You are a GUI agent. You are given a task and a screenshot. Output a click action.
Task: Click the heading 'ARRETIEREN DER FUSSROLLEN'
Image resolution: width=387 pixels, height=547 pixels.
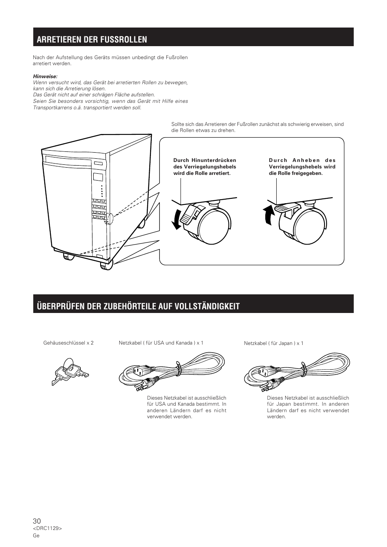pos(92,39)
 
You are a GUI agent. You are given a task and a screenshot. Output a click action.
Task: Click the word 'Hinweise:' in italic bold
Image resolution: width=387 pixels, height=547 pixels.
pos(45,76)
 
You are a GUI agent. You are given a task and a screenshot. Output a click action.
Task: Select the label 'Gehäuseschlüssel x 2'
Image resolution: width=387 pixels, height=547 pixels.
pos(68,343)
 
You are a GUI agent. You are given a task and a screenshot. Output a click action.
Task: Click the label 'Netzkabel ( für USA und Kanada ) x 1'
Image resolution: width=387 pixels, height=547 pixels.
pos(161,343)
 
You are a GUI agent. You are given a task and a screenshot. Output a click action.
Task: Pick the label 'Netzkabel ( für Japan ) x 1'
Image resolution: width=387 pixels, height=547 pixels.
pos(273,343)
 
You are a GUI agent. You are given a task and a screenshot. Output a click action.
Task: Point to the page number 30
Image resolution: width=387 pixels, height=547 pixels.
pos(37,521)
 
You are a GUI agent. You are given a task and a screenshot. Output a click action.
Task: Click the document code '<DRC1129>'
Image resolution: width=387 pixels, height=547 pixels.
pos(47,528)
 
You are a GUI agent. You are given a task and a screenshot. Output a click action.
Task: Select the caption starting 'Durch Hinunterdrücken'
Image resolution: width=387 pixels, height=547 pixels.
pos(204,167)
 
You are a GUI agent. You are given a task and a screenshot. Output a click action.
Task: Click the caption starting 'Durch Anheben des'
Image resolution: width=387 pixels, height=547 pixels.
pos(302,167)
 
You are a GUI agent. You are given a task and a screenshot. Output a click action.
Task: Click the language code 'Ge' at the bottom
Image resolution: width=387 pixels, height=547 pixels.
pos(36,535)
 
